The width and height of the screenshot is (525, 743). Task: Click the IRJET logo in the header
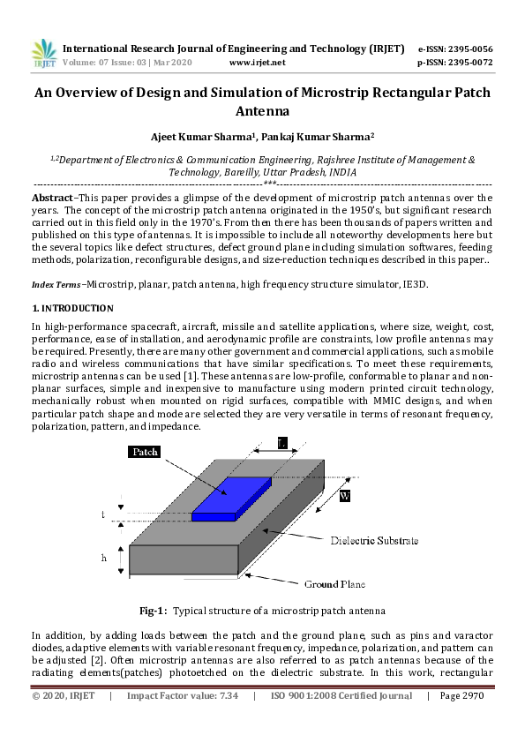tap(43, 54)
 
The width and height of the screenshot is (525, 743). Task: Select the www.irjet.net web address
tap(257, 63)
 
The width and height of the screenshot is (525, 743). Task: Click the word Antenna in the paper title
tap(262, 111)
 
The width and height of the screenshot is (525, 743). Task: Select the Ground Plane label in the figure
tap(334, 584)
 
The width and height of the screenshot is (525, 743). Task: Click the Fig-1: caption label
tap(153, 611)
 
